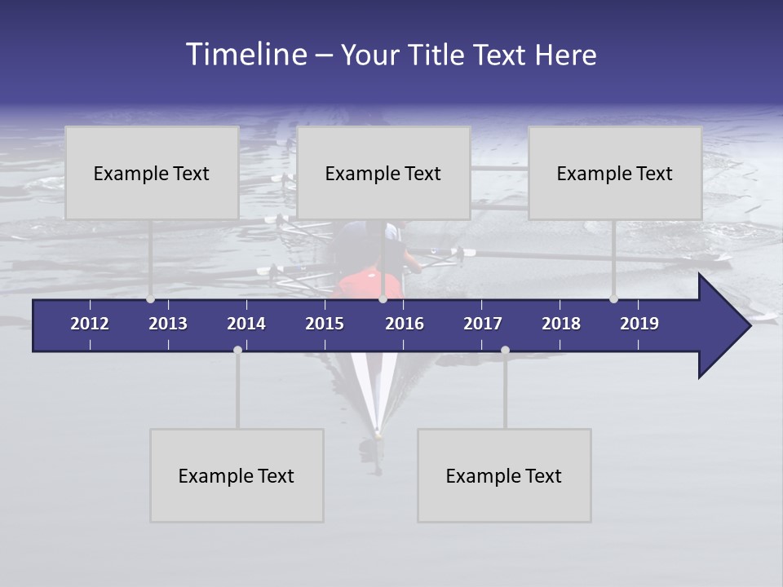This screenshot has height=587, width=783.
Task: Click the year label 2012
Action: point(90,324)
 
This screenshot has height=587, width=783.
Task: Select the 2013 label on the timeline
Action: point(168,324)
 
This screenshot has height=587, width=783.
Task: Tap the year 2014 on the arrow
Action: point(246,324)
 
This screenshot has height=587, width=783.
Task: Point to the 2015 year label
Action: point(325,324)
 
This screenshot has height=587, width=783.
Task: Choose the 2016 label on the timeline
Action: point(405,324)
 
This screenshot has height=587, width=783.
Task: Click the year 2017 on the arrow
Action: point(483,324)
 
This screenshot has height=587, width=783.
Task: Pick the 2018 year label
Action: point(561,324)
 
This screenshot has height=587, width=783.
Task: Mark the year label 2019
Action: point(639,324)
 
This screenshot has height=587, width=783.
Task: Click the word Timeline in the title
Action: point(246,55)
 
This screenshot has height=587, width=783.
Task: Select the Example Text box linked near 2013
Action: point(152,173)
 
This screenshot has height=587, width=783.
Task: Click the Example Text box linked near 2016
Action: point(383,173)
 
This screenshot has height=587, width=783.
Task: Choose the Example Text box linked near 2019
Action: point(615,173)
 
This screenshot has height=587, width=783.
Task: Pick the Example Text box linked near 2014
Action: point(237,475)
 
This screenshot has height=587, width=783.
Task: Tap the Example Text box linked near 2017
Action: point(504,475)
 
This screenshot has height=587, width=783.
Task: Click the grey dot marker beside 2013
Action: point(150,298)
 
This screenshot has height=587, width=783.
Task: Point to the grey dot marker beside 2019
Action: point(613,298)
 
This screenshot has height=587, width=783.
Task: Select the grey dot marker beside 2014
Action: point(237,350)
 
